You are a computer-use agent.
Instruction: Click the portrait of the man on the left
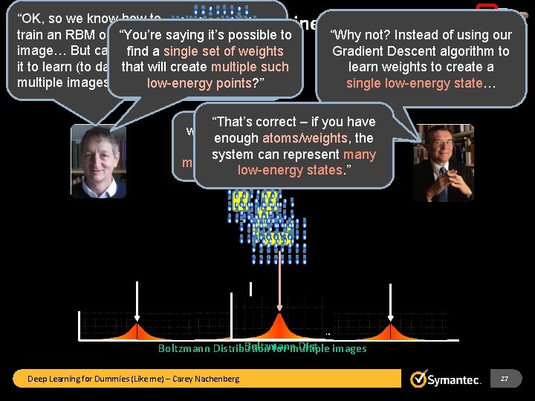click(98, 161)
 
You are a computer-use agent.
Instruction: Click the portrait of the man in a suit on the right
click(443, 163)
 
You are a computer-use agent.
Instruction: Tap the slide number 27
click(505, 379)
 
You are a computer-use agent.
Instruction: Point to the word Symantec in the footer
click(455, 379)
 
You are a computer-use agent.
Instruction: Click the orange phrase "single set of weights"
click(224, 51)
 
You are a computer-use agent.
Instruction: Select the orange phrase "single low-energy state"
click(415, 83)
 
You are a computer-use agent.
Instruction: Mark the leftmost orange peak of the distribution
click(137, 329)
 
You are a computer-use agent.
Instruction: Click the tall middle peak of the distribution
click(279, 324)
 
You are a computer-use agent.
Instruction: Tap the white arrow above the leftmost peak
click(137, 301)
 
